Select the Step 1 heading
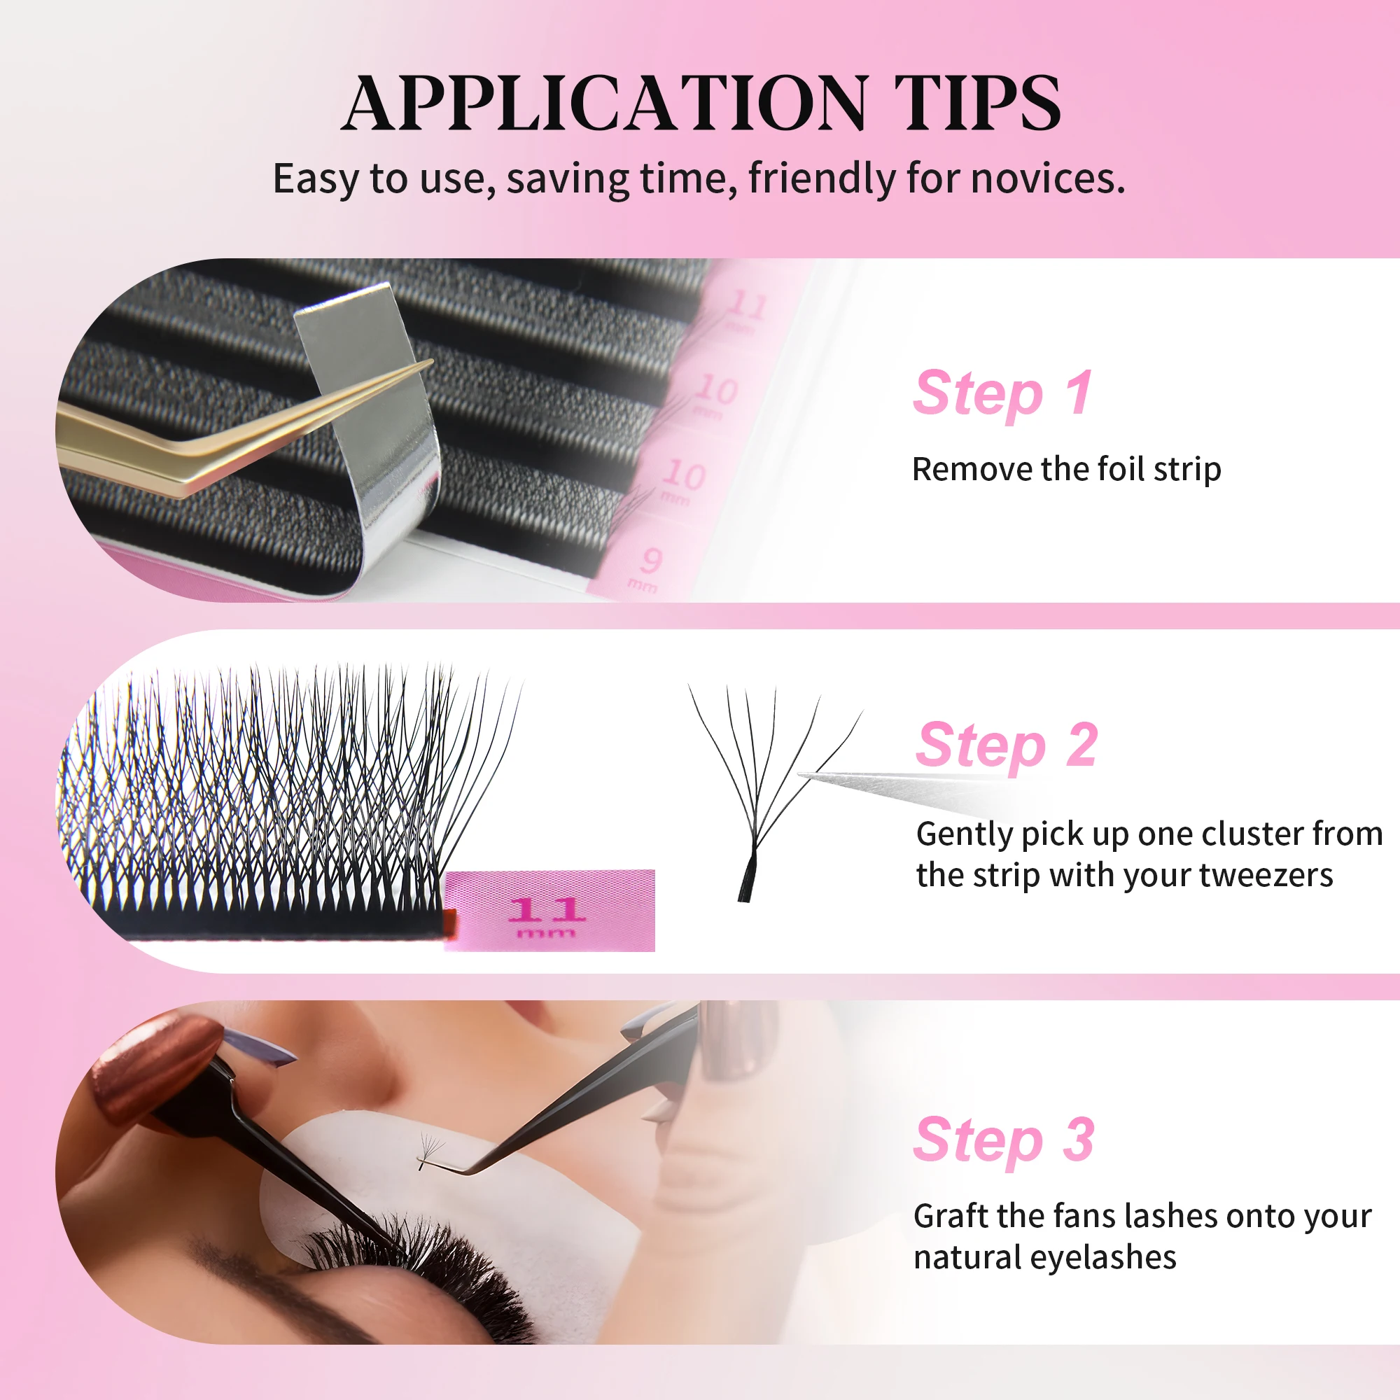[1002, 393]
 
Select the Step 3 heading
[1004, 1140]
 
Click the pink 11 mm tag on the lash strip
[549, 911]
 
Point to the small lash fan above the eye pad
[430, 1149]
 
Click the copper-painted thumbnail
[156, 1065]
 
